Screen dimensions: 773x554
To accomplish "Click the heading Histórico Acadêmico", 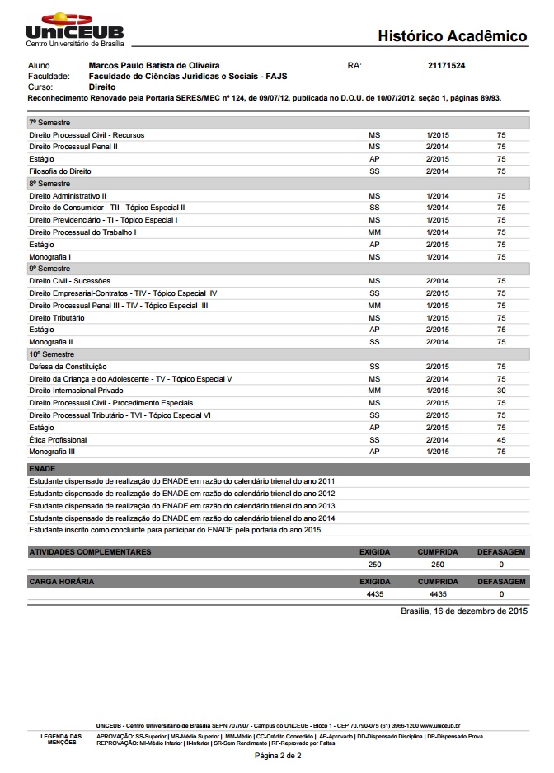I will pyautogui.click(x=452, y=36).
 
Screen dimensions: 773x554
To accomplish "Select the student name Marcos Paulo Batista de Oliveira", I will pyautogui.click(x=153, y=64).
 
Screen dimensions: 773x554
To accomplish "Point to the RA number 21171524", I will pyautogui.click(x=447, y=64).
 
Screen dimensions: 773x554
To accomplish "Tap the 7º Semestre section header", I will pyautogui.click(x=49, y=123).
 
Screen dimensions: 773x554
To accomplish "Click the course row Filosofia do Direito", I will pyautogui.click(x=60, y=171).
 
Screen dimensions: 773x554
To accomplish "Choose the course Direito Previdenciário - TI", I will pyautogui.click(x=103, y=220).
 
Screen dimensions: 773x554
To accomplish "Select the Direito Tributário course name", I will pyautogui.click(x=57, y=317).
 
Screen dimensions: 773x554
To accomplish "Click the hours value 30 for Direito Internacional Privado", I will pyautogui.click(x=501, y=391).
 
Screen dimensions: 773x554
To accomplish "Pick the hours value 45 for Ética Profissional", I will pyautogui.click(x=501, y=440).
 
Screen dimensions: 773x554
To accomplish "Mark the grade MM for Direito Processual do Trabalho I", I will pyautogui.click(x=374, y=232).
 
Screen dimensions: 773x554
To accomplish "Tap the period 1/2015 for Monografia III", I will pyautogui.click(x=437, y=452).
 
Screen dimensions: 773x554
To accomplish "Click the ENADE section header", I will pyautogui.click(x=42, y=468).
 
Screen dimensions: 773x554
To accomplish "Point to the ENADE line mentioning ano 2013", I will pyautogui.click(x=181, y=505).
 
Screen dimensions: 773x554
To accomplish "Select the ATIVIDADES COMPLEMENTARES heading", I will pyautogui.click(x=90, y=551).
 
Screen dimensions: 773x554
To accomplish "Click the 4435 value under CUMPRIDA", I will pyautogui.click(x=438, y=593).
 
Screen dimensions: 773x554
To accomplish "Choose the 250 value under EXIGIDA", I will pyautogui.click(x=375, y=565).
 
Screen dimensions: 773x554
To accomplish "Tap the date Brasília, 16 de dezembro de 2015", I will pyautogui.click(x=463, y=611).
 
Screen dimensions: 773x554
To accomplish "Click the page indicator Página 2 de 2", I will pyautogui.click(x=278, y=755).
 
